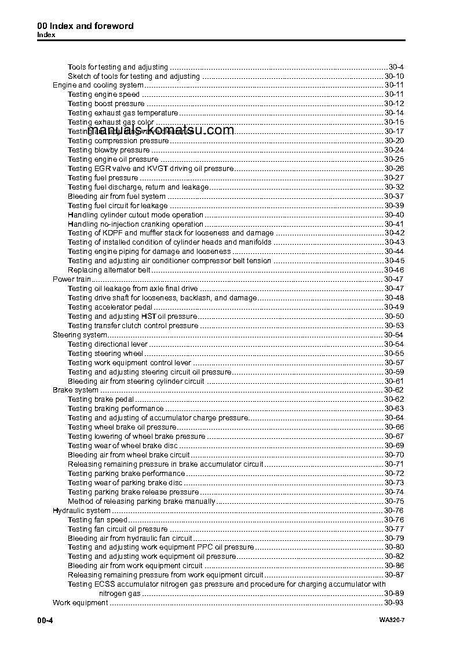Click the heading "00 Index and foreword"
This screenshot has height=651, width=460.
tap(85, 26)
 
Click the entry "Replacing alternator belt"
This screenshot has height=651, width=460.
tap(109, 270)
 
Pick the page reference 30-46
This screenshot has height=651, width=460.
tap(394, 270)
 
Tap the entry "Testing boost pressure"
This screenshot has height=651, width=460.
tap(106, 104)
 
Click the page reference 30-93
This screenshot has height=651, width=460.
tap(394, 603)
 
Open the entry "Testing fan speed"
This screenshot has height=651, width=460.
tap(97, 520)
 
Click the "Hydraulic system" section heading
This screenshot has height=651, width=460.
tap(82, 511)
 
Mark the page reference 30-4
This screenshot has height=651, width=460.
tap(396, 67)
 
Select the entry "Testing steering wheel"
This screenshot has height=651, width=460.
tap(105, 354)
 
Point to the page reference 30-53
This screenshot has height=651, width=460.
tap(394, 326)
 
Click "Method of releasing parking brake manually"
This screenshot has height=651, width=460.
tap(141, 501)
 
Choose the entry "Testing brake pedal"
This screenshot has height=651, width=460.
tap(101, 399)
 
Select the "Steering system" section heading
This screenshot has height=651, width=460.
tap(80, 335)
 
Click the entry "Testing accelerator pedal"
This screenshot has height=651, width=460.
tap(110, 307)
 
